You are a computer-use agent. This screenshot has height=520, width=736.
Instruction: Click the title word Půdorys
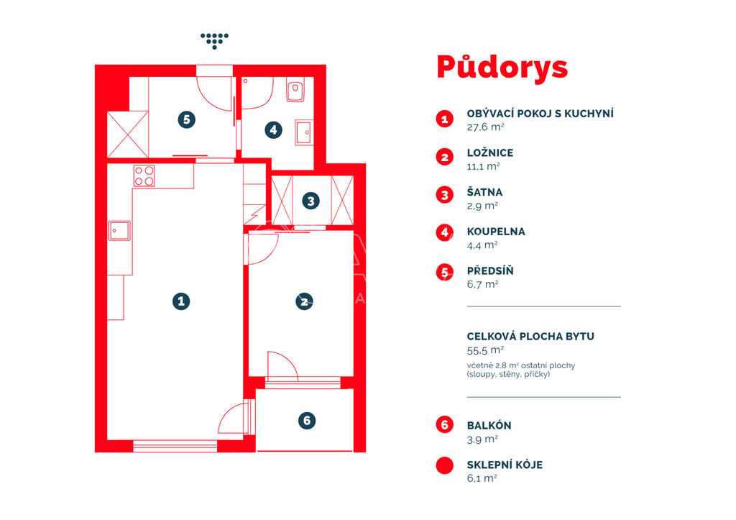tap(502, 68)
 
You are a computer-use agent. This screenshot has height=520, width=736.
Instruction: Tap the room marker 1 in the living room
tap(181, 301)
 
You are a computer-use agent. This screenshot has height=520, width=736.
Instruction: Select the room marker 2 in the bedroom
tap(304, 301)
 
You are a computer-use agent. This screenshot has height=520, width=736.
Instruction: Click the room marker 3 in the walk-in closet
tap(310, 201)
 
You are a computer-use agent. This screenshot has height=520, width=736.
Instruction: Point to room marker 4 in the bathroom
tap(273, 129)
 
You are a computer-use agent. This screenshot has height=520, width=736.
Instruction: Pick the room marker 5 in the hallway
tap(186, 120)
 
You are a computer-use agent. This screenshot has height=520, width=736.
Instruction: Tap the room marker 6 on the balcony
tap(307, 421)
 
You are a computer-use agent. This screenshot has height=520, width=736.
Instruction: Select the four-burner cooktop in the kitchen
tap(144, 175)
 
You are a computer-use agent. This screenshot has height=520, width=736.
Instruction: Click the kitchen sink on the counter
tap(120, 231)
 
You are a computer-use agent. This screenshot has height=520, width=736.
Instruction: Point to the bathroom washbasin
tap(304, 132)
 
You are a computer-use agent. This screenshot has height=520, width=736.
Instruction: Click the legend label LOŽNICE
tap(490, 153)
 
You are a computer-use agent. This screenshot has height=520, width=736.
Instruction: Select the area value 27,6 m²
tap(485, 127)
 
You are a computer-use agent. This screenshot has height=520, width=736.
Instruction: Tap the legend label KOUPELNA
tap(496, 232)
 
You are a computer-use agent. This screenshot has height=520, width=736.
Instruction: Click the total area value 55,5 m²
tap(485, 350)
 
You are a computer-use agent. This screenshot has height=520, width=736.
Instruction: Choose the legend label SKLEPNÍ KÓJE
tap(505, 465)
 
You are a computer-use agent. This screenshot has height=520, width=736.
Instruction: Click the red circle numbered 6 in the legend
tap(444, 424)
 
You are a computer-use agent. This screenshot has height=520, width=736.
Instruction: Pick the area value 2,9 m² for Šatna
tap(482, 206)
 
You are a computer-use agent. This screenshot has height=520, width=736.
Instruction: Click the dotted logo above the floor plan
tap(214, 41)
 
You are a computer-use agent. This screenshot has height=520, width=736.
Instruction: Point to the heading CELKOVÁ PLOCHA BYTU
tap(530, 337)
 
